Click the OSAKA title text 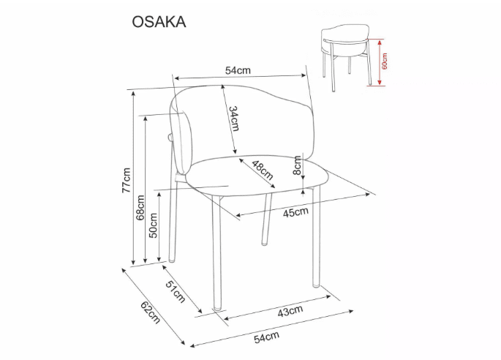(x=159, y=21)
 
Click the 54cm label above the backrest (x=238, y=70)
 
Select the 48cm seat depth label (x=262, y=170)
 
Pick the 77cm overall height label (x=126, y=180)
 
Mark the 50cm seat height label (x=153, y=225)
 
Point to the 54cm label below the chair (x=267, y=337)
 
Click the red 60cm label (x=385, y=61)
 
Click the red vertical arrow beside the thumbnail (x=379, y=61)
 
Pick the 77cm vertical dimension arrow (x=134, y=179)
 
